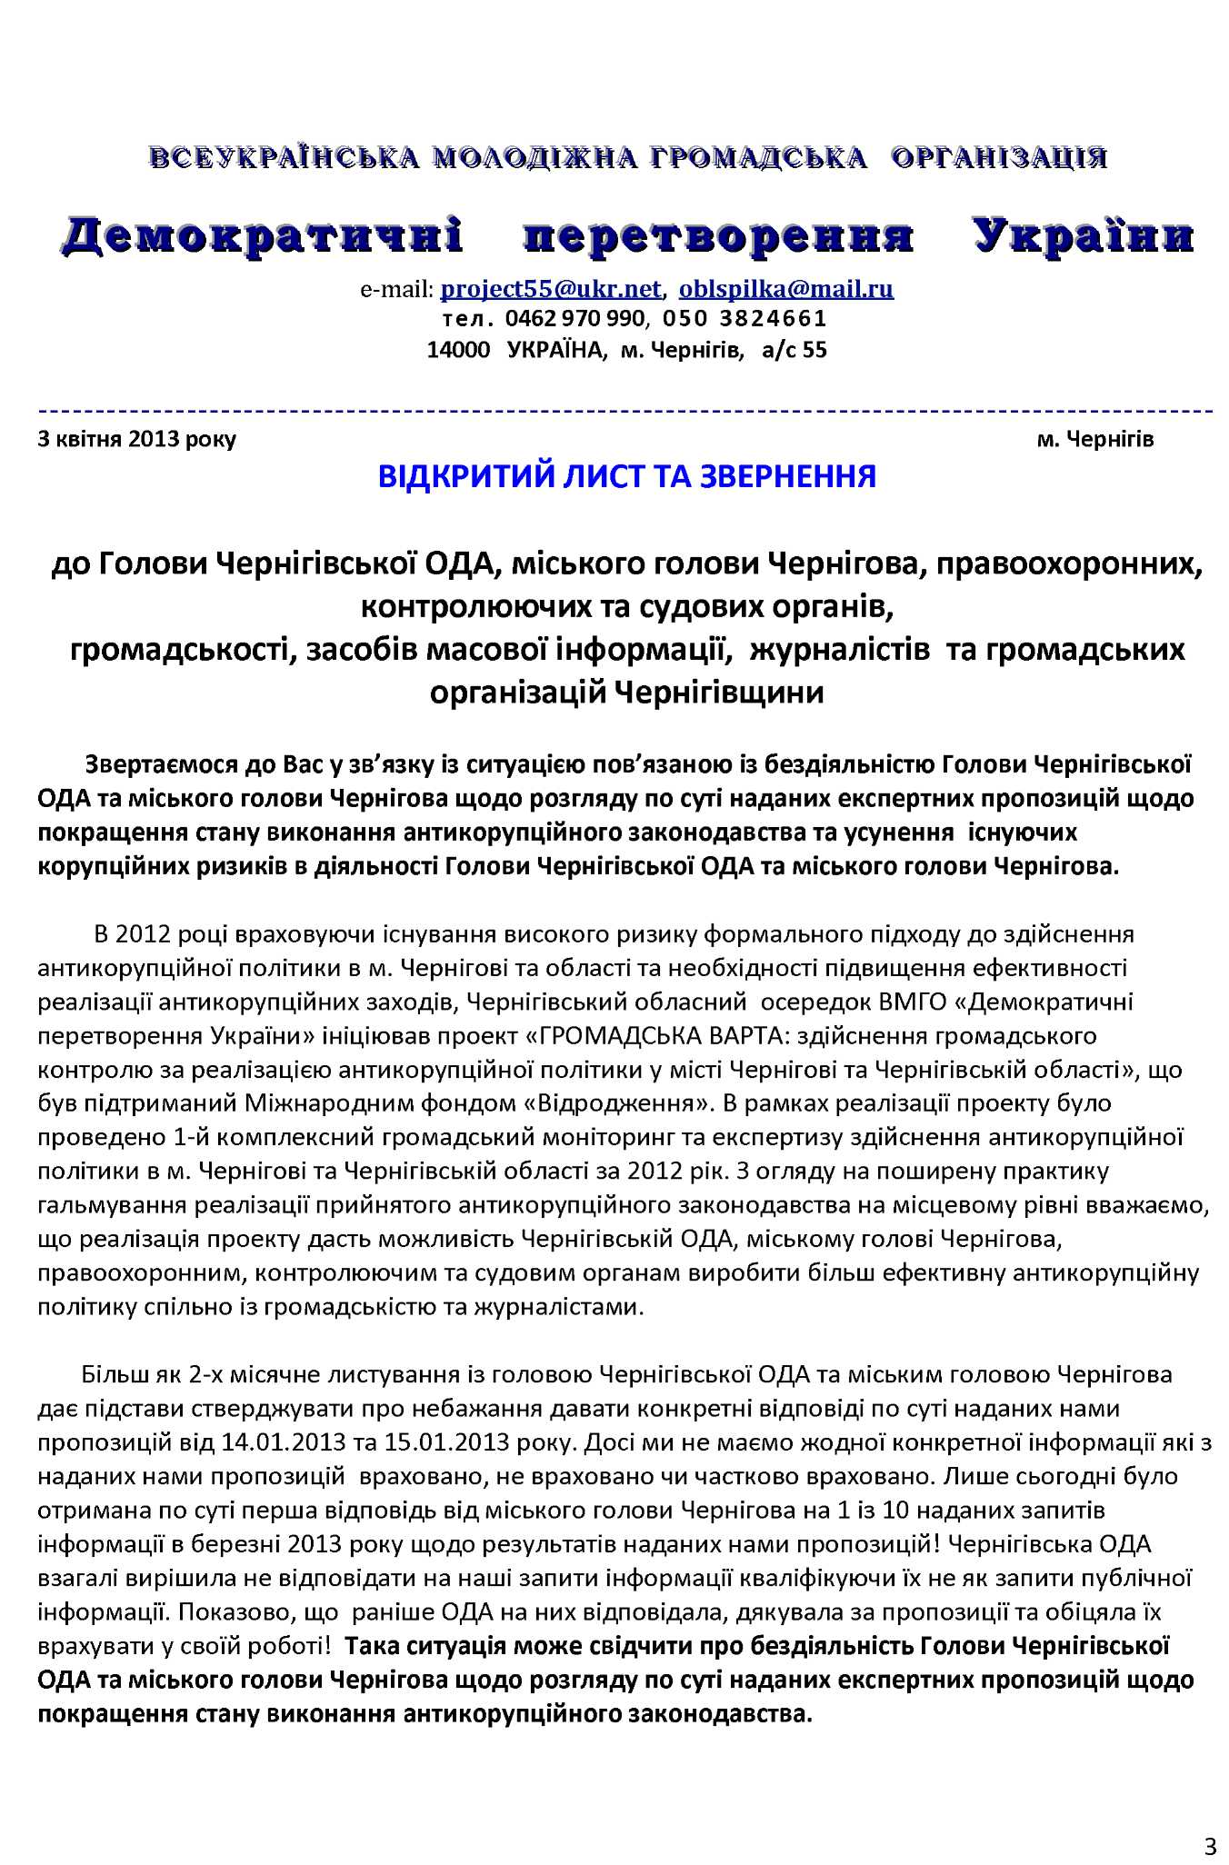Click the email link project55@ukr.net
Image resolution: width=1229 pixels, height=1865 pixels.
[550, 289]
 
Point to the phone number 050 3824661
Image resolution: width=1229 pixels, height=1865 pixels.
[744, 319]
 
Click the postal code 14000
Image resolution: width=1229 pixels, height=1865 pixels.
[458, 350]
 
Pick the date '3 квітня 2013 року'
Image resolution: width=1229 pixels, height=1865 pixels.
[137, 440]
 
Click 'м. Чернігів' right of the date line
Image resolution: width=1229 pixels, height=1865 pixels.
[1095, 440]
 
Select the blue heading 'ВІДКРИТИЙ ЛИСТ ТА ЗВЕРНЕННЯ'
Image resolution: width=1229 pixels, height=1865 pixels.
[627, 475]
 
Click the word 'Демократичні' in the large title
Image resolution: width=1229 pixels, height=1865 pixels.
[263, 235]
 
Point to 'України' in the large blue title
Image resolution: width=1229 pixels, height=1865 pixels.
[1083, 235]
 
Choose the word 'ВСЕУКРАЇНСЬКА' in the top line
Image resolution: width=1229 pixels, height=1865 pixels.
[285, 157]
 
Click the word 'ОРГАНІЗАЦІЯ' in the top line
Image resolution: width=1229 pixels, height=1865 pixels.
[999, 157]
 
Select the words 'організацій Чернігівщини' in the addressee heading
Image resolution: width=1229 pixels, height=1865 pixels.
[627, 693]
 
